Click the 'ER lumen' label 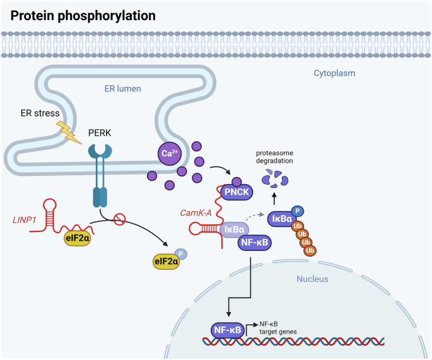pos(122,88)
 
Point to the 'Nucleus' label pos(313,278)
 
